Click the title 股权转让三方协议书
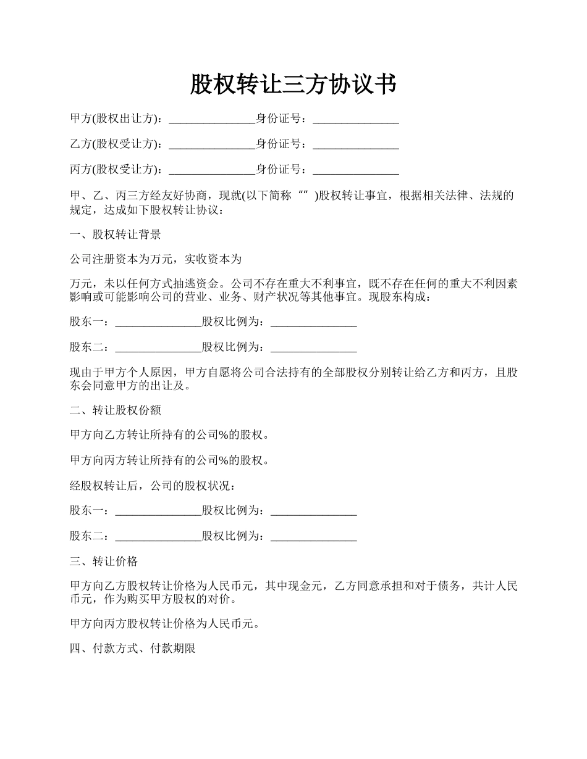293,85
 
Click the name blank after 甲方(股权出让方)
211,118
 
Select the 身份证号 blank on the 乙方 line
356,144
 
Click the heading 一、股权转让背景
116,234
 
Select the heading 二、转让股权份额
116,410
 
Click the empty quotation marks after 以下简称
303,196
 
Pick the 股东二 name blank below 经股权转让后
158,536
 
